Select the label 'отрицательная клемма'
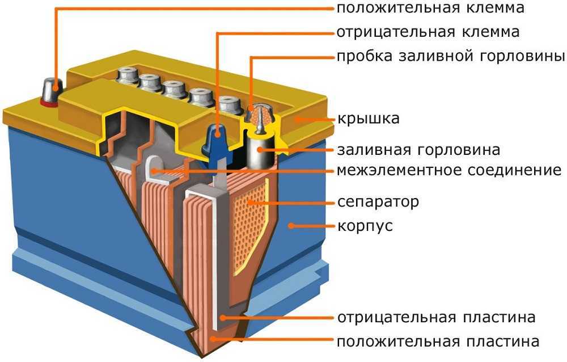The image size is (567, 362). coord(428,32)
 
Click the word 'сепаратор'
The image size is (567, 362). coord(378,201)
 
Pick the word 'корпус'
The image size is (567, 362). coord(365,226)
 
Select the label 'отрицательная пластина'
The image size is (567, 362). coord(436,317)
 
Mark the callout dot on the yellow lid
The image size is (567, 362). coord(298,119)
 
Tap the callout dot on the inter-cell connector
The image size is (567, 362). coord(154,170)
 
